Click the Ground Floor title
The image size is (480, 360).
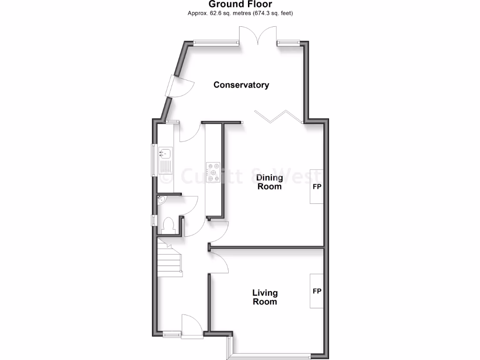tap(240, 4)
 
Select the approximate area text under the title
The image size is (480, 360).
tap(240, 13)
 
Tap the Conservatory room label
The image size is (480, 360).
tap(241, 85)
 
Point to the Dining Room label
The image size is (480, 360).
tap(269, 182)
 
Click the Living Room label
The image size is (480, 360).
tap(265, 297)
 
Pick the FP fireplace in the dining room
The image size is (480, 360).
tap(317, 186)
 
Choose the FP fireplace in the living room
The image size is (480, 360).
tap(317, 291)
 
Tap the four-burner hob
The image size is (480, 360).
tap(214, 172)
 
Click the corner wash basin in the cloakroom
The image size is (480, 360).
tap(161, 201)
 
